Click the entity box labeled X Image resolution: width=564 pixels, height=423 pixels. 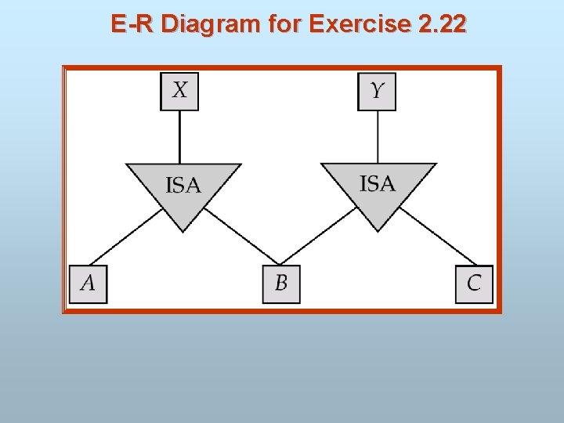point(179,91)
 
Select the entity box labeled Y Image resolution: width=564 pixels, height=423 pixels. point(377,91)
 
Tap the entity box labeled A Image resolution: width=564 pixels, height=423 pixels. point(88,284)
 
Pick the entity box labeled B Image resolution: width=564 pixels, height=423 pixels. point(281,284)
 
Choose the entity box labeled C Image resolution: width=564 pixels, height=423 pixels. point(474,284)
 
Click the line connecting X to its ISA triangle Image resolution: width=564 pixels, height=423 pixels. point(179,136)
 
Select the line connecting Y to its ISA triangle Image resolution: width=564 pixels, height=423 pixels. point(378,136)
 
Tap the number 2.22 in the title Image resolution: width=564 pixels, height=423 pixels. point(442,24)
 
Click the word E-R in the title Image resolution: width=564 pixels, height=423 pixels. point(132,24)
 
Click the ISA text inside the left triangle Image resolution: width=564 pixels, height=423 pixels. point(183,186)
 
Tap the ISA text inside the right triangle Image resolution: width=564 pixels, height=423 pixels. point(378,183)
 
